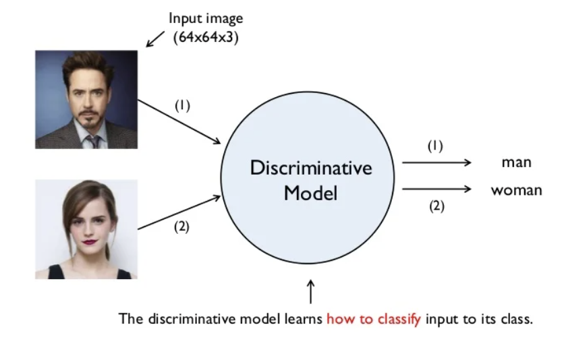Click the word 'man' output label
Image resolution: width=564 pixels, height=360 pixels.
click(516, 162)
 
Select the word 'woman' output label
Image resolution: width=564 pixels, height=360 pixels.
click(516, 190)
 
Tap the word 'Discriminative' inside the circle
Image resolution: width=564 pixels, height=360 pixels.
click(310, 168)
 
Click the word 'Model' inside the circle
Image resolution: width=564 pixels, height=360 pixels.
click(310, 193)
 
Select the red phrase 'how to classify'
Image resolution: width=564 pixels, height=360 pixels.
click(374, 319)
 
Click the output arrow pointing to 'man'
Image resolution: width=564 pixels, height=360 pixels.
click(436, 162)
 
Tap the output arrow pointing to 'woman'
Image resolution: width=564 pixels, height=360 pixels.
click(436, 189)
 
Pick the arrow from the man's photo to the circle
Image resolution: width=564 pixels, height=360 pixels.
click(179, 121)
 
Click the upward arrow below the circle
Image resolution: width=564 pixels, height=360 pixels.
click(310, 293)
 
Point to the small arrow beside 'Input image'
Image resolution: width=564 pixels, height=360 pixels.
click(155, 38)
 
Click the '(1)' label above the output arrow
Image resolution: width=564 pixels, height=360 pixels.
click(435, 145)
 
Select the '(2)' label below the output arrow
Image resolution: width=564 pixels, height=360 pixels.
click(436, 206)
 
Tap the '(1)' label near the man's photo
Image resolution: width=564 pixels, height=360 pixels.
click(183, 105)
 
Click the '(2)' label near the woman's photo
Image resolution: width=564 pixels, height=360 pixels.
click(181, 227)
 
